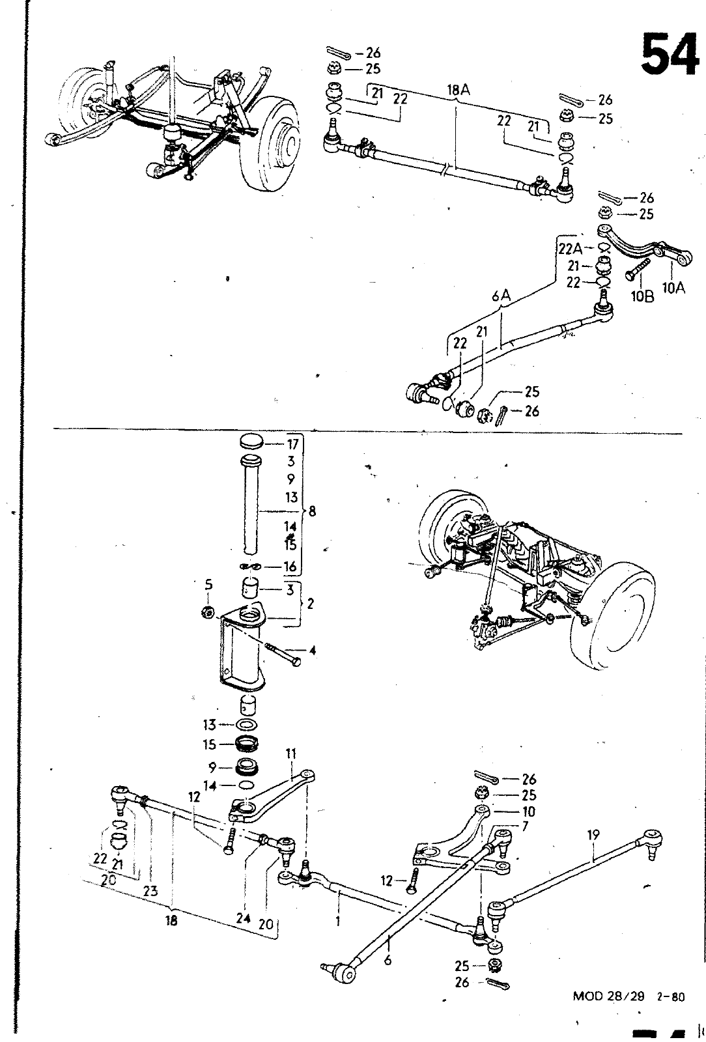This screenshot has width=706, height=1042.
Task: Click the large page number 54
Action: (670, 53)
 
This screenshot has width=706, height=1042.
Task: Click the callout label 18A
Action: (459, 91)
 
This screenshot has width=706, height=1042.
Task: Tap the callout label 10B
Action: (642, 296)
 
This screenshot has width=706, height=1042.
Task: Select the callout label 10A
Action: (673, 289)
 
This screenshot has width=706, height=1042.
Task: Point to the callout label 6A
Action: (501, 295)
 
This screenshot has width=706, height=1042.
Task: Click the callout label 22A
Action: (570, 249)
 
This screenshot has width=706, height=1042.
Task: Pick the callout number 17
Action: (292, 444)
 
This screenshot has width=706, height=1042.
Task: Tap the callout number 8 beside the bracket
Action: (311, 511)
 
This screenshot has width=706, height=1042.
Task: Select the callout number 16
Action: (290, 566)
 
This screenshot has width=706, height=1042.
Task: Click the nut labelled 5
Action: (208, 612)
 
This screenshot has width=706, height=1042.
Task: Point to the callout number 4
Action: (312, 651)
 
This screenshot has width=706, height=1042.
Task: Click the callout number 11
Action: (290, 753)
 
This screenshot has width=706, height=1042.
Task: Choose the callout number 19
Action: (593, 835)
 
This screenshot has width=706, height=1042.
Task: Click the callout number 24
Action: (243, 918)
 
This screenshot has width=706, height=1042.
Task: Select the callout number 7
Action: (525, 826)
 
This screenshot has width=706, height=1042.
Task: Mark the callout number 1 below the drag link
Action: (338, 921)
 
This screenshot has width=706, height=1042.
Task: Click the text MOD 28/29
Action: (609, 996)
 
